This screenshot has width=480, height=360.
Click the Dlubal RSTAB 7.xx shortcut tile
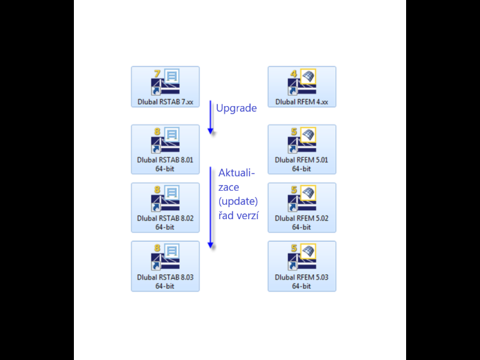pos(165,87)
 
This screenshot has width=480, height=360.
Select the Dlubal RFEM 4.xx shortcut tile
pos(302,87)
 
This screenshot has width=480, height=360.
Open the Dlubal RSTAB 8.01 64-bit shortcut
pos(165,150)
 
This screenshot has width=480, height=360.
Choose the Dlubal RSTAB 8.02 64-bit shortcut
pos(165,208)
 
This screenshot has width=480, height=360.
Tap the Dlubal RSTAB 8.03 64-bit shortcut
pos(165,267)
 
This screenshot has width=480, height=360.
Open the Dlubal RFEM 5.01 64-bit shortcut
pos(302,150)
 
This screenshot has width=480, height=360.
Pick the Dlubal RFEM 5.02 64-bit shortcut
pos(302,208)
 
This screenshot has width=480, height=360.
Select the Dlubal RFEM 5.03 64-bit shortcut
pos(302,267)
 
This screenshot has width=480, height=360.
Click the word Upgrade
pos(236,109)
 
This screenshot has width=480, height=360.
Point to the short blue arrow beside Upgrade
pos(210,117)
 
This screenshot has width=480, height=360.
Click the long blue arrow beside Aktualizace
pos(210,208)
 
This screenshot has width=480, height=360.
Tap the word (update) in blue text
pos(238,201)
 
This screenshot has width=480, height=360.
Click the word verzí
pos(248,215)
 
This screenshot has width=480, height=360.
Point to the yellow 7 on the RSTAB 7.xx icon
pos(157,74)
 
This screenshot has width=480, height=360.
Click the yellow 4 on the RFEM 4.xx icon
pos(294,74)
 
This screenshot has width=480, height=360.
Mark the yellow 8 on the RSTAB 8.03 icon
pos(157,248)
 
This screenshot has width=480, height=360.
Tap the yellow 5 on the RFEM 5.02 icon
pos(294,190)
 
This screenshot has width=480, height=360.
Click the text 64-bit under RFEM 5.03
pos(301,286)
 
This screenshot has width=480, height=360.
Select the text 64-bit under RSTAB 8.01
pos(165,169)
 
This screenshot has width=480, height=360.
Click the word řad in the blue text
pos(226,215)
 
